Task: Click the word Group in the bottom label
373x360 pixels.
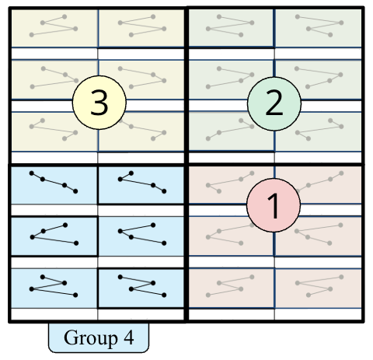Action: (86, 338)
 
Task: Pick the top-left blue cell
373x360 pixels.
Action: (54, 183)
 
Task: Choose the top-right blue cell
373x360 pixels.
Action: (141, 183)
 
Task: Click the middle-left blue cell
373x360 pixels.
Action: (54, 234)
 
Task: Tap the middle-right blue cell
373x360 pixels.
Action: (141, 234)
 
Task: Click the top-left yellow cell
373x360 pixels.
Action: (54, 28)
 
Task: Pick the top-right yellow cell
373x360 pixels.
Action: (141, 28)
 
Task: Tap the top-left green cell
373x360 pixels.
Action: (232, 28)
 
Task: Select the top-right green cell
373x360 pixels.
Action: (319, 28)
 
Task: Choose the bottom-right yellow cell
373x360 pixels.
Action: (152, 129)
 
